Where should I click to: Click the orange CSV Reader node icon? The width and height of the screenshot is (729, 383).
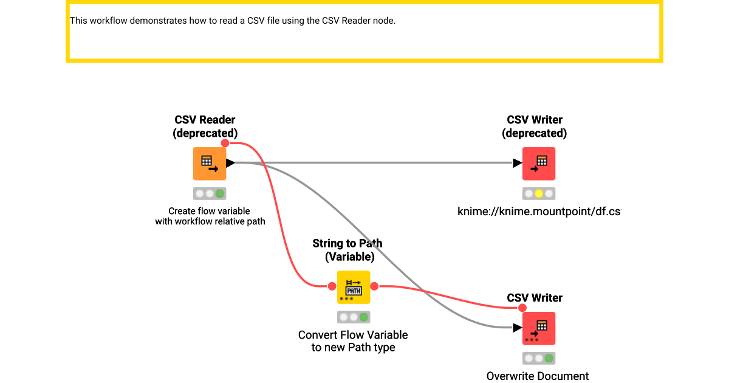[210, 164]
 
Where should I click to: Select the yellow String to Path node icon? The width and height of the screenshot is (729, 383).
[354, 287]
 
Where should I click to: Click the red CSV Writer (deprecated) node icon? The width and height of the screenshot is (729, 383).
[539, 164]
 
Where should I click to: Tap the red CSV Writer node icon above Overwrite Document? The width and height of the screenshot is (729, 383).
[539, 328]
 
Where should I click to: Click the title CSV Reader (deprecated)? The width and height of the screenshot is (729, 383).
[205, 126]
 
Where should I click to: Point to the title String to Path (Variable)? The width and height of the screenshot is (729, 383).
[347, 250]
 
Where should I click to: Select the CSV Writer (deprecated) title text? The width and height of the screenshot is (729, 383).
[535, 126]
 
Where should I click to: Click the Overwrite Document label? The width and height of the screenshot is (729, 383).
[538, 376]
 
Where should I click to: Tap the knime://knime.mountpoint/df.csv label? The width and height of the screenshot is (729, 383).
[539, 212]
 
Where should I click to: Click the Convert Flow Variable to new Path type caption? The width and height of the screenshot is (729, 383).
[353, 341]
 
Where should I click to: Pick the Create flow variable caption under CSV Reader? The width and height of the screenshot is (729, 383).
[210, 216]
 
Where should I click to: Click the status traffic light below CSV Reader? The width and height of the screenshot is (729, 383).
[210, 194]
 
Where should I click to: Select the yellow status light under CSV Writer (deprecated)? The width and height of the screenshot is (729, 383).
[539, 194]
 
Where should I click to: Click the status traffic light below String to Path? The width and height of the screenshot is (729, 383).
[354, 317]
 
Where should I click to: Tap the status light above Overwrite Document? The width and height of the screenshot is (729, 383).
[539, 359]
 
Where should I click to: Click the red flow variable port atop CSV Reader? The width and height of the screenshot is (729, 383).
[225, 143]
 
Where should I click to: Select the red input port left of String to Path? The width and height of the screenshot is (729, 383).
[332, 286]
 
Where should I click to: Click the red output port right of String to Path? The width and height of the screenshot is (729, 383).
[374, 286]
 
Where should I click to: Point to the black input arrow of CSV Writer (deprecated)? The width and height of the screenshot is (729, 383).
[518, 163]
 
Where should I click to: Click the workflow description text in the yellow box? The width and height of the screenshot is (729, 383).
[233, 21]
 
